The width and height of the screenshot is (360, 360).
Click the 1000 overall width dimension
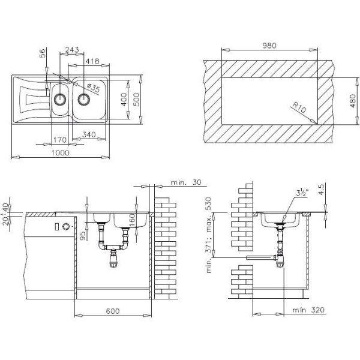(x=61, y=153)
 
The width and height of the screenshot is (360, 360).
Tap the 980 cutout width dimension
(x=269, y=46)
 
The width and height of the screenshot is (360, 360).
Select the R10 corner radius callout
(x=299, y=107)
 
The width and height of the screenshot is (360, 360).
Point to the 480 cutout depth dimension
(x=353, y=101)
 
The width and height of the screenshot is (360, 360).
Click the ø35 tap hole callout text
(x=94, y=88)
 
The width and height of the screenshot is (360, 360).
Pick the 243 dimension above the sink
(x=72, y=50)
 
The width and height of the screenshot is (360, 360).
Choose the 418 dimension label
(x=92, y=61)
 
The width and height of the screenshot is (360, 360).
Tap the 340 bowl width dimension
(x=89, y=134)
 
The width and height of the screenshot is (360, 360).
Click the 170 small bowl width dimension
(x=60, y=140)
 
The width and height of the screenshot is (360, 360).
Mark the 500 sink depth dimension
(x=136, y=100)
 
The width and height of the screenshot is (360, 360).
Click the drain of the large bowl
(x=84, y=100)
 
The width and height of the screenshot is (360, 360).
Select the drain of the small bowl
(x=60, y=100)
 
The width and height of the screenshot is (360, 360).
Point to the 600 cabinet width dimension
(x=113, y=311)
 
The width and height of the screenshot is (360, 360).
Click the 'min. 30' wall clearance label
(x=186, y=182)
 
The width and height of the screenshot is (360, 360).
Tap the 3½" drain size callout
(x=302, y=193)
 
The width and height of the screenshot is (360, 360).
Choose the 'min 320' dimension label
(x=308, y=310)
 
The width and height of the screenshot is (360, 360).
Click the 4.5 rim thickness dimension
(x=322, y=190)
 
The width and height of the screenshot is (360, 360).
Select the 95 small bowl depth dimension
(x=83, y=236)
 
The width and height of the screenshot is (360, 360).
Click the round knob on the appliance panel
(x=65, y=226)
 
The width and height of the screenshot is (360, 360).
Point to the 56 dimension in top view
(x=43, y=53)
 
